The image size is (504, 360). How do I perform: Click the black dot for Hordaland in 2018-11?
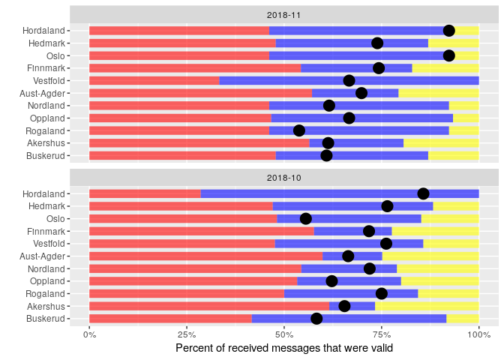point(448,31)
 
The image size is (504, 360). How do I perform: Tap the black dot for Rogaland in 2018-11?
point(299,130)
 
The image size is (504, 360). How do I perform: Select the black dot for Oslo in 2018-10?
point(305,218)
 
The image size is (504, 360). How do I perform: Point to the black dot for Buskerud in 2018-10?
point(316,319)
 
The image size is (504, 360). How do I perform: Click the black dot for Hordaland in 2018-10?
point(423,193)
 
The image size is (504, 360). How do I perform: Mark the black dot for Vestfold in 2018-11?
point(349,81)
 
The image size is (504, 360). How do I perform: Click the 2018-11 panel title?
point(283,14)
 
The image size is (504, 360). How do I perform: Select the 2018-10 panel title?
point(283,177)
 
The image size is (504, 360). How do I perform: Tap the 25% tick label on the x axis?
point(187,334)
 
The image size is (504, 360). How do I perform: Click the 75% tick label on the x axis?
point(382,334)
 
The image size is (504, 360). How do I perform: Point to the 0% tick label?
point(89,334)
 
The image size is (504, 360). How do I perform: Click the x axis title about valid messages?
point(283,348)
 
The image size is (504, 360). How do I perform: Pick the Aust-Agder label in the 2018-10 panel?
point(43,256)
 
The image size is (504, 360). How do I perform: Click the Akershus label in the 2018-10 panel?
point(46,306)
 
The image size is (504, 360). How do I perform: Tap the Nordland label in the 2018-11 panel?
point(46,106)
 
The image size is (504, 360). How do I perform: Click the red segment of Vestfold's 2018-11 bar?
point(154,81)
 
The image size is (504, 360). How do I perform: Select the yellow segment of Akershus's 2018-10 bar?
point(427,306)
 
